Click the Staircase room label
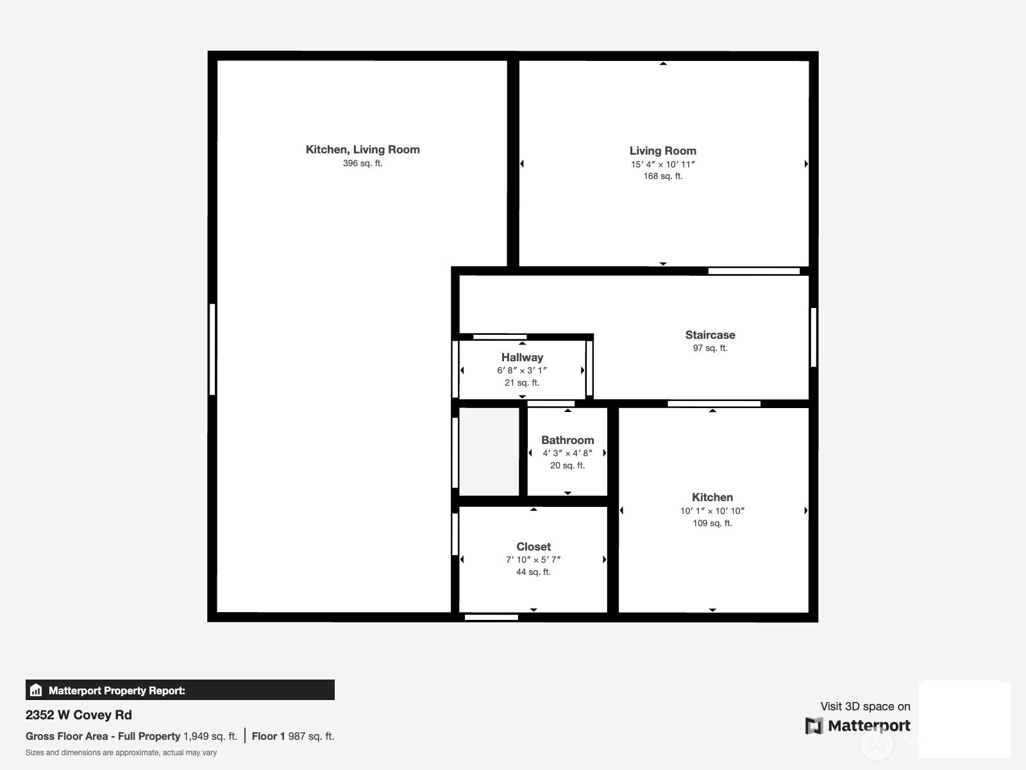[710, 335]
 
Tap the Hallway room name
[522, 357]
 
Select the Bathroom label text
[568, 440]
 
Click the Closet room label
[534, 547]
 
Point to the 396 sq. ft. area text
[363, 163]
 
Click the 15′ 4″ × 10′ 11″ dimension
[663, 164]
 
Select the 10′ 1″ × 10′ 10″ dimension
[712, 511]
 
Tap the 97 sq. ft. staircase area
[710, 348]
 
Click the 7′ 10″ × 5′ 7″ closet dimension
[534, 560]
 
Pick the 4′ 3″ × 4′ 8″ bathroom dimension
[568, 453]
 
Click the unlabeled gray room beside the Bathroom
[489, 451]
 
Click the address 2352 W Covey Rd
[78, 715]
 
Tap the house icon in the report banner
[36, 690]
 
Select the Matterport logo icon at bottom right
[814, 726]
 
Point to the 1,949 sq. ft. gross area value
[210, 737]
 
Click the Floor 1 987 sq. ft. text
[293, 737]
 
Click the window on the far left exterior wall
[212, 349]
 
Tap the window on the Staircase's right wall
[813, 337]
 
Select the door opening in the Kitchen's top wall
[714, 404]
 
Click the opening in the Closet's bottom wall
[491, 617]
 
